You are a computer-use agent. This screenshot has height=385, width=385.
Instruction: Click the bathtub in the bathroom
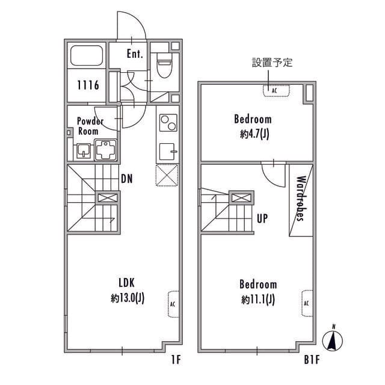click(x=87, y=55)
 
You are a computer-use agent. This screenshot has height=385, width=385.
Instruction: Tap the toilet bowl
click(x=164, y=66)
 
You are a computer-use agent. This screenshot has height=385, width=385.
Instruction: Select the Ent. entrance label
click(x=135, y=54)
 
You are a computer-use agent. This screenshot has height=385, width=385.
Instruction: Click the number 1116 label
click(x=88, y=85)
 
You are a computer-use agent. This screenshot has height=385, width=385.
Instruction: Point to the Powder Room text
click(x=90, y=126)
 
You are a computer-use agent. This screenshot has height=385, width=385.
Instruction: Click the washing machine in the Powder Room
click(x=106, y=150)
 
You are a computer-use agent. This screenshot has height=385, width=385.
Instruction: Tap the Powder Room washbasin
click(x=84, y=151)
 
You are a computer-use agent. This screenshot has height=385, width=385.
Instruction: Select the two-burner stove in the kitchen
click(x=168, y=123)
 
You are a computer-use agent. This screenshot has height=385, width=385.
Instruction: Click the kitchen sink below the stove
click(x=168, y=152)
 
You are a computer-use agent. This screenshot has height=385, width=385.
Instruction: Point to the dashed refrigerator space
click(x=167, y=175)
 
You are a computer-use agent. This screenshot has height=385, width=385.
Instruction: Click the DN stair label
click(x=127, y=179)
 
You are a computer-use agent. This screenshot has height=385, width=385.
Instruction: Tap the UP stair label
click(x=262, y=218)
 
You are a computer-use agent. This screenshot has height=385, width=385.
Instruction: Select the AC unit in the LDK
click(x=173, y=304)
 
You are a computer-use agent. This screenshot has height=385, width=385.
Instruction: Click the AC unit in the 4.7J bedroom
click(x=277, y=91)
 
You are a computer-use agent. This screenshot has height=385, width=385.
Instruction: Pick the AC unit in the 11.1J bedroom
click(x=307, y=303)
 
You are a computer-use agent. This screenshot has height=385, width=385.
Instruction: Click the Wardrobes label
click(x=301, y=199)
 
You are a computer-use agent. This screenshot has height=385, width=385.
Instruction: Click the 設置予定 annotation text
click(x=272, y=63)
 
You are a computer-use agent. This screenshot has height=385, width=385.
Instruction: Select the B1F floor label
click(x=312, y=360)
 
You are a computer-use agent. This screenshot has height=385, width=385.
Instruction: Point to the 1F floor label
click(x=176, y=360)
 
